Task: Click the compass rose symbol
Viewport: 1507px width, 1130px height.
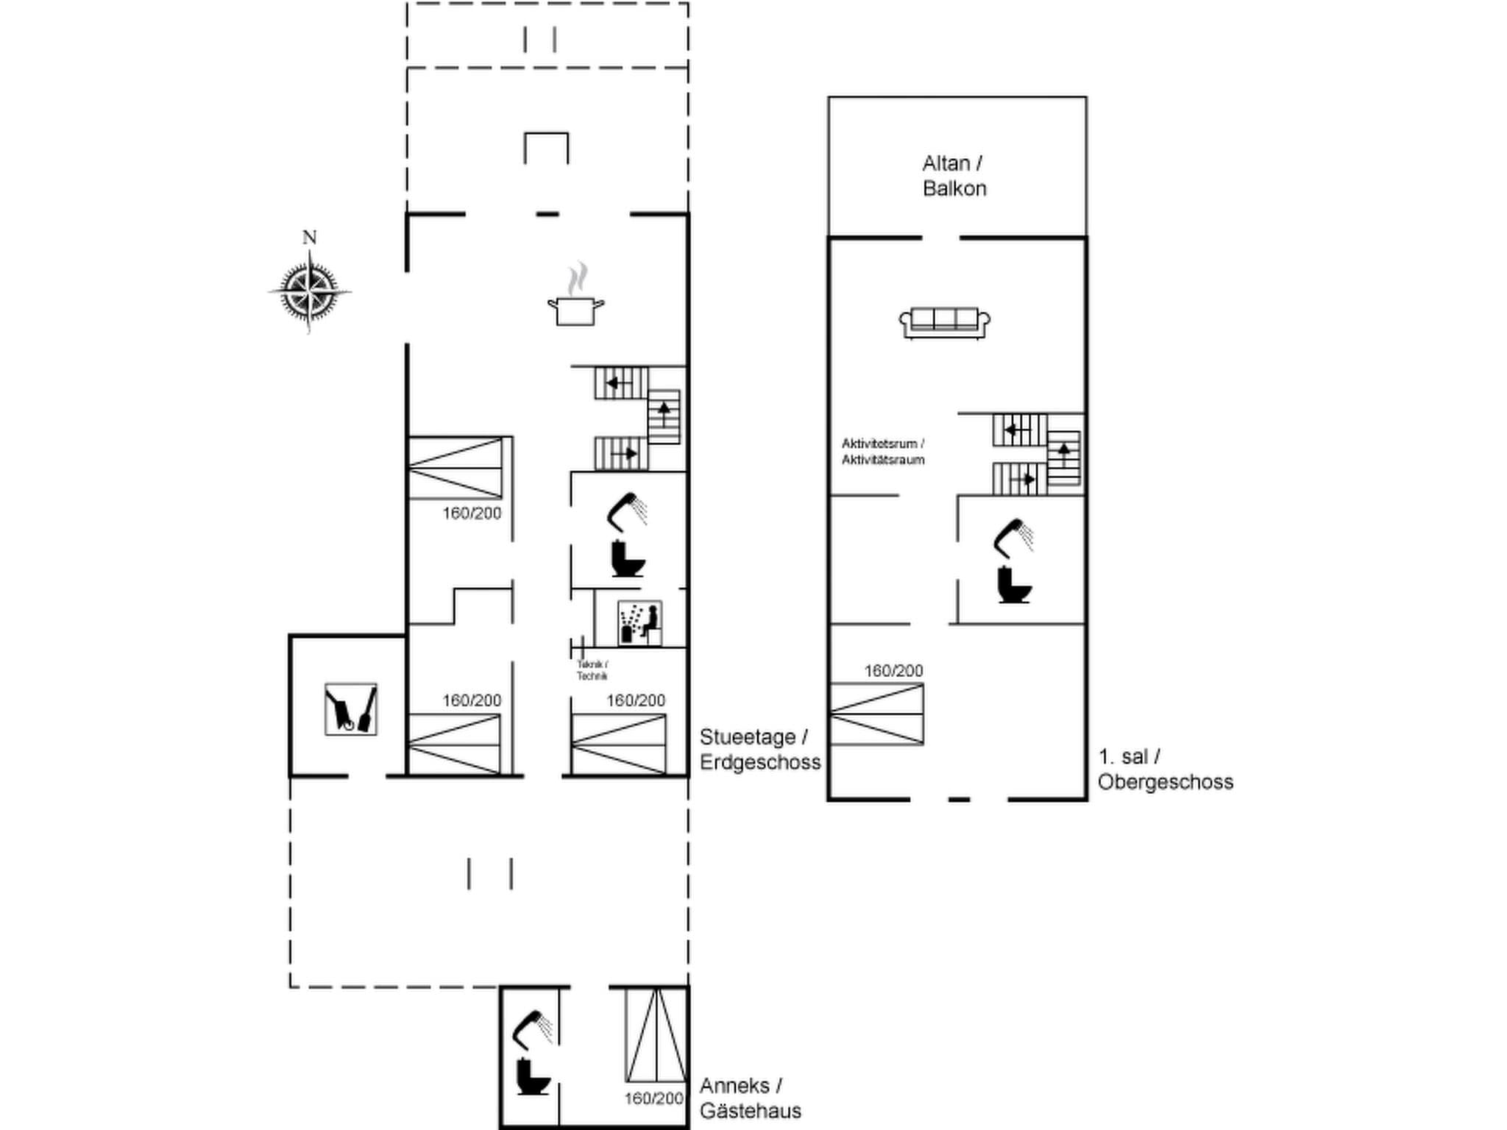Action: click(x=309, y=292)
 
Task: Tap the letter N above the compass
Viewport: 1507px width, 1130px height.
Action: click(x=309, y=238)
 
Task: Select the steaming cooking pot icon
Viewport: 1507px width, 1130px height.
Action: click(x=576, y=297)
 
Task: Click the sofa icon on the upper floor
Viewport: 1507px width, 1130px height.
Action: click(x=944, y=323)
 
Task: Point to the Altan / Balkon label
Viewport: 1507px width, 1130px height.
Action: click(x=954, y=176)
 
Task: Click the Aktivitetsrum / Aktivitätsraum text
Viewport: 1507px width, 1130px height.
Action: click(x=883, y=452)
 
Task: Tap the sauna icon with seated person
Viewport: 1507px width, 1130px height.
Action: click(x=639, y=623)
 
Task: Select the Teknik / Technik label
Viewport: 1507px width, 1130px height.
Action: click(x=592, y=670)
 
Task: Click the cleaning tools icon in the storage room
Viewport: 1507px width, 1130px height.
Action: click(x=351, y=708)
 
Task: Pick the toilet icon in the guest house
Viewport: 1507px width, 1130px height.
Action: click(x=532, y=1076)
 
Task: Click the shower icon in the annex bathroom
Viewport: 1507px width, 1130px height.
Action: click(x=533, y=1028)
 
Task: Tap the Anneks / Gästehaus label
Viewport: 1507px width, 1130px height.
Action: click(x=750, y=1098)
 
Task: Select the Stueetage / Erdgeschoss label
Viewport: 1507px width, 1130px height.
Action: click(x=759, y=749)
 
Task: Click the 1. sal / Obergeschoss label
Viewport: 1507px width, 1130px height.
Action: click(x=1165, y=769)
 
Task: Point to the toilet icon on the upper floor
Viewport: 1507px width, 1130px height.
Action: click(x=1014, y=586)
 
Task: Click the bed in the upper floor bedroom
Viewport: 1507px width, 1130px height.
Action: click(x=876, y=714)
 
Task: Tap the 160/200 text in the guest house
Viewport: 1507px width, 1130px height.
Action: click(x=653, y=1098)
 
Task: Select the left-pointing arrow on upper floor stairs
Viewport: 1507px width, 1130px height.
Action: click(x=1015, y=430)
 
